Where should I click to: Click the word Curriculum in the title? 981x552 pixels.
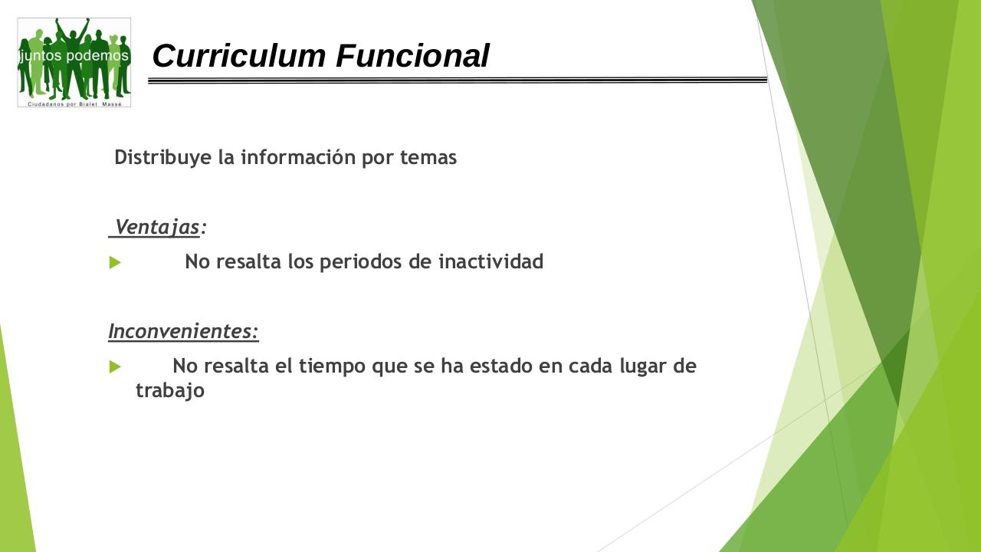point(239,56)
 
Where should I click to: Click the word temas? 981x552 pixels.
point(428,158)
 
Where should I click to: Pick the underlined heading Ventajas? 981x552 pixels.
point(157,228)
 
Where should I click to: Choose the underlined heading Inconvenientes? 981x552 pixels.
point(183,332)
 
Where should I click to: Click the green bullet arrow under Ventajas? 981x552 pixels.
point(115,263)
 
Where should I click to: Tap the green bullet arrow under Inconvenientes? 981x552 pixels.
point(115,367)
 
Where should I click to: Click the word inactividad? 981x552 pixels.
point(490,262)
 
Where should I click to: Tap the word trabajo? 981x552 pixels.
point(170,391)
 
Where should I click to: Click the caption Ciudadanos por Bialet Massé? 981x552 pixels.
point(74,103)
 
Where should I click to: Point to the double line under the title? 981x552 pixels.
point(458,80)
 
